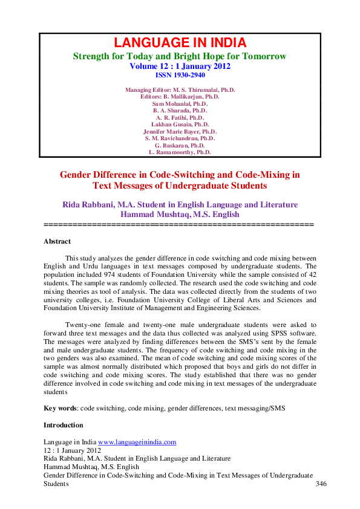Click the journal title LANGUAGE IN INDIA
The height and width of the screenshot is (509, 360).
click(180, 43)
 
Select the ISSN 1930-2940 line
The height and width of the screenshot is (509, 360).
click(180, 76)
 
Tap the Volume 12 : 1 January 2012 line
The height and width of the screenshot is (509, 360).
click(180, 66)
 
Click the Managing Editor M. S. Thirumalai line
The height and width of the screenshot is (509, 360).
click(180, 90)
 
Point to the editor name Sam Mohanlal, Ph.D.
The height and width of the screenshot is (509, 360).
click(180, 104)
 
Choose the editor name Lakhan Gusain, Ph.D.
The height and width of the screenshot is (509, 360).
click(180, 125)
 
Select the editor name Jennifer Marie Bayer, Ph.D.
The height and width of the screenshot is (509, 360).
click(180, 132)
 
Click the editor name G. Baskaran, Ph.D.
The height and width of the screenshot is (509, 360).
click(180, 146)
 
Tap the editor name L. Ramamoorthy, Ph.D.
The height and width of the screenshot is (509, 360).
click(180, 153)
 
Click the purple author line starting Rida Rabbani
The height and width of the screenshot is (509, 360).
click(180, 204)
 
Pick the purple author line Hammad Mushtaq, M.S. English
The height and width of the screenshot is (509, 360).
click(180, 214)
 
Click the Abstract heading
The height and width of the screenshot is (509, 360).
click(57, 242)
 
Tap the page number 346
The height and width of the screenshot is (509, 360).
click(321, 484)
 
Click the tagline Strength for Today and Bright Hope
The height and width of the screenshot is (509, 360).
click(180, 56)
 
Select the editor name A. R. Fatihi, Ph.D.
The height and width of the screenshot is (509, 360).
click(180, 118)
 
